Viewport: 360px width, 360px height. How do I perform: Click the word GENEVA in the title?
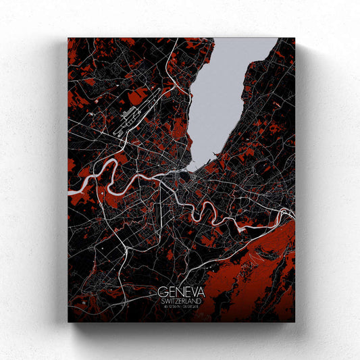coord(180,292)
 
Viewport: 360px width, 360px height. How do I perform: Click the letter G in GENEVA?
coord(163,292)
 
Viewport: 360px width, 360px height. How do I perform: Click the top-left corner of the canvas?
coord(68,38)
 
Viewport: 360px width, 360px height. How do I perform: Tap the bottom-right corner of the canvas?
coord(294,322)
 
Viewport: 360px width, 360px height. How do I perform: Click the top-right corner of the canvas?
coord(294,38)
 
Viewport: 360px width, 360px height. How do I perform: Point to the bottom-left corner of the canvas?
coord(68,322)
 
